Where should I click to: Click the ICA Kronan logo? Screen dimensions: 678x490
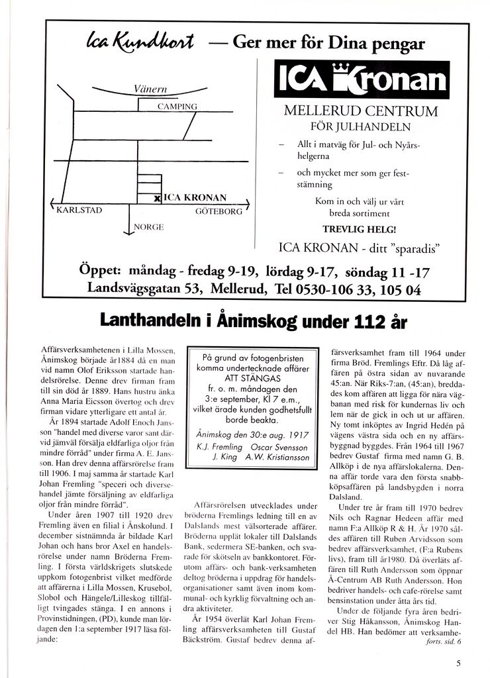[x=362, y=80]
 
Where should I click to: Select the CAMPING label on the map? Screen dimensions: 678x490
[x=177, y=106]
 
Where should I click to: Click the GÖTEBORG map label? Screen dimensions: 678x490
[x=219, y=212]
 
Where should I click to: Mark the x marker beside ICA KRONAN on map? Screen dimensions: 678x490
[x=157, y=198]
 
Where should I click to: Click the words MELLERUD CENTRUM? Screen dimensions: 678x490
[x=361, y=111]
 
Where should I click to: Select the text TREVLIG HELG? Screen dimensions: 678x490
[x=360, y=229]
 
